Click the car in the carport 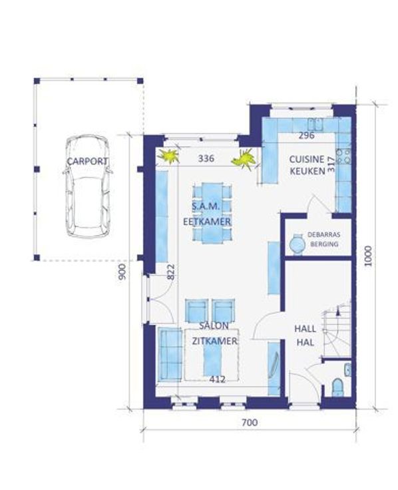[x=88, y=186]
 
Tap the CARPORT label [x=88, y=162]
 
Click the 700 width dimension [x=250, y=423]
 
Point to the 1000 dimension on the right [x=369, y=256]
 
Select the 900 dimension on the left [x=122, y=272]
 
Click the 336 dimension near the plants [x=206, y=158]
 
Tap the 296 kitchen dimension [x=306, y=135]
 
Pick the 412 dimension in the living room [x=218, y=379]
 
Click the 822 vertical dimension [x=171, y=272]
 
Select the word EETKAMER [x=207, y=222]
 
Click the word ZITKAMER [x=214, y=341]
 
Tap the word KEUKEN [x=307, y=171]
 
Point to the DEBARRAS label [x=324, y=234]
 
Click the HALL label [x=305, y=329]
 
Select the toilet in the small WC [x=337, y=387]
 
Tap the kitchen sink [x=315, y=124]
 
